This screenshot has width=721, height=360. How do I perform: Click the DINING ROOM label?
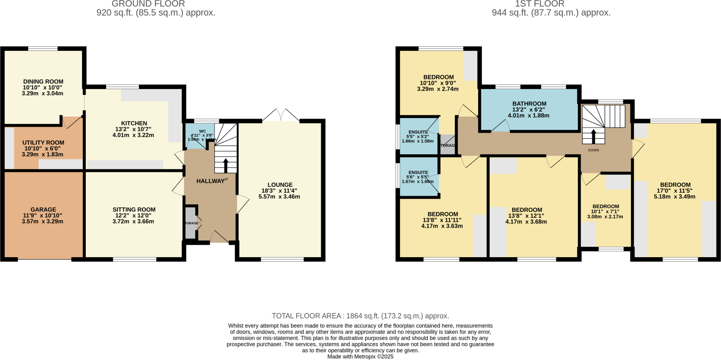pyautogui.click(x=43, y=81)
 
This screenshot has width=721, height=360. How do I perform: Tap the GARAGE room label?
pyautogui.click(x=43, y=209)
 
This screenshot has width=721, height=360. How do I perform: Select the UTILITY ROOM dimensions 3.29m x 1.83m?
pyautogui.click(x=43, y=154)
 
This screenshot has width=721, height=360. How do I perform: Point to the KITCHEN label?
pyautogui.click(x=134, y=123)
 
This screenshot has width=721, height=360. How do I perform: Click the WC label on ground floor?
pyautogui.click(x=202, y=131)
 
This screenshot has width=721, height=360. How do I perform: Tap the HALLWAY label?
pyautogui.click(x=210, y=181)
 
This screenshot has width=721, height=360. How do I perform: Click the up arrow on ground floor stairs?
pyautogui.click(x=226, y=165)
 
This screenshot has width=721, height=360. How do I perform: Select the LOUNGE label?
pyautogui.click(x=280, y=185)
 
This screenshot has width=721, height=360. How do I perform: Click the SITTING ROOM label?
pyautogui.click(x=134, y=209)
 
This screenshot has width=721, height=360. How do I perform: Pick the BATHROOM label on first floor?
pyautogui.click(x=529, y=104)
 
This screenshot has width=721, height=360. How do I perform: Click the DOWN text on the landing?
pyautogui.click(x=593, y=150)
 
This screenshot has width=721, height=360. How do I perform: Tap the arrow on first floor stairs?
pyautogui.click(x=593, y=136)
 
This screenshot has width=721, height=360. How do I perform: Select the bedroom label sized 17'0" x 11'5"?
pyautogui.click(x=675, y=185)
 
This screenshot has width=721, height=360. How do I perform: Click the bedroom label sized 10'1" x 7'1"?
pyautogui.click(x=606, y=206)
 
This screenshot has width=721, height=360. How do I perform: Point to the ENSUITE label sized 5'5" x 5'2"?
pyautogui.click(x=418, y=132)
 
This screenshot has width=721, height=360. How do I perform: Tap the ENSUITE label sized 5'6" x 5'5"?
pyautogui.click(x=418, y=173)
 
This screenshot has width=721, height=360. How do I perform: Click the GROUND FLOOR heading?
pyautogui.click(x=148, y=4)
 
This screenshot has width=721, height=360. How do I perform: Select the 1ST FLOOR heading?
pyautogui.click(x=540, y=4)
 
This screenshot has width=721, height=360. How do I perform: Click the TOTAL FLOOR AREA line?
pyautogui.click(x=360, y=316)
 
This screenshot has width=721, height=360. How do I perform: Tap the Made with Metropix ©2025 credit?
pyautogui.click(x=360, y=356)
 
